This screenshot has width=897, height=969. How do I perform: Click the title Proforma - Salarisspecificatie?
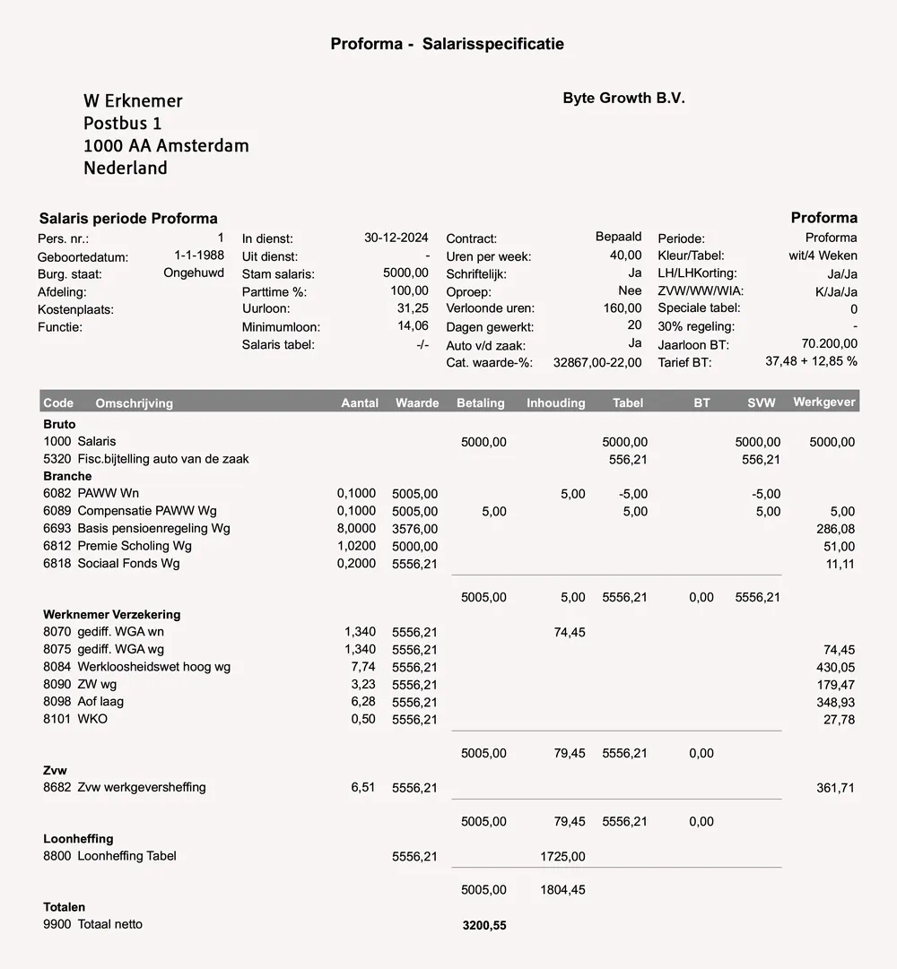(447, 44)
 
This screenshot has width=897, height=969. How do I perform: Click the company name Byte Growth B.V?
(623, 99)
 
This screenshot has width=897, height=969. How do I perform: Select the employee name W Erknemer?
(133, 101)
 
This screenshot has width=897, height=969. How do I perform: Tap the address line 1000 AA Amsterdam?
(166, 145)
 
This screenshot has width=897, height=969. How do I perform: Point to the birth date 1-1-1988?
(199, 255)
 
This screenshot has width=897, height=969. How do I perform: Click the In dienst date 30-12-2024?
(396, 238)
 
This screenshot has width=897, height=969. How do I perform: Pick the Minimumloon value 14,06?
(413, 326)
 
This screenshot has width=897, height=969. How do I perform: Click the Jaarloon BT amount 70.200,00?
(829, 343)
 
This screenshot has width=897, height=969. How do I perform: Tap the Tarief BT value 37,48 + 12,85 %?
(811, 361)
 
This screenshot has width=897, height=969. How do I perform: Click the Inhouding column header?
(555, 403)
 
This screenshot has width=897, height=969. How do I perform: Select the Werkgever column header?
(824, 402)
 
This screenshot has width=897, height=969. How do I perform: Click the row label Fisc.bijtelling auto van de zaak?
(163, 459)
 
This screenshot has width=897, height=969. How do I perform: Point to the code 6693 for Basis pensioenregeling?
(57, 529)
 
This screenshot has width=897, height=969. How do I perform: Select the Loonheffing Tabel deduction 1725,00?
(562, 857)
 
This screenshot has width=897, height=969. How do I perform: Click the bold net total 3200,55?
(483, 926)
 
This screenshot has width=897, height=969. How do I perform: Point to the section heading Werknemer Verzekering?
(111, 615)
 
